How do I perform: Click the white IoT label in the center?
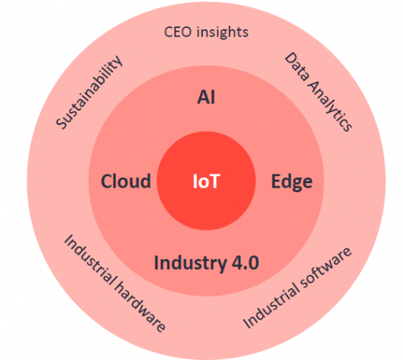coord(207,181)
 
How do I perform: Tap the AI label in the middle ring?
coord(206,98)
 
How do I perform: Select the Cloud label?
coord(126,181)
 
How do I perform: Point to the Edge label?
coord(292,182)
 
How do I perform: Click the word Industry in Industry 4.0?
coord(190,263)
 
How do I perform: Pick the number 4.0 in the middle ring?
coord(245,262)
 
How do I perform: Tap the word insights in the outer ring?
coord(223,32)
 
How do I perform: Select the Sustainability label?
coord(89,92)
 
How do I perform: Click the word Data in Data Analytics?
coord(297,67)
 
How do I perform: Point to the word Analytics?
coord(330,106)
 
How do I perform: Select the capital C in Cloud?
coord(107,181)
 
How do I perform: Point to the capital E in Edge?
coord(276,181)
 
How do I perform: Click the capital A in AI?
coord(203,98)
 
